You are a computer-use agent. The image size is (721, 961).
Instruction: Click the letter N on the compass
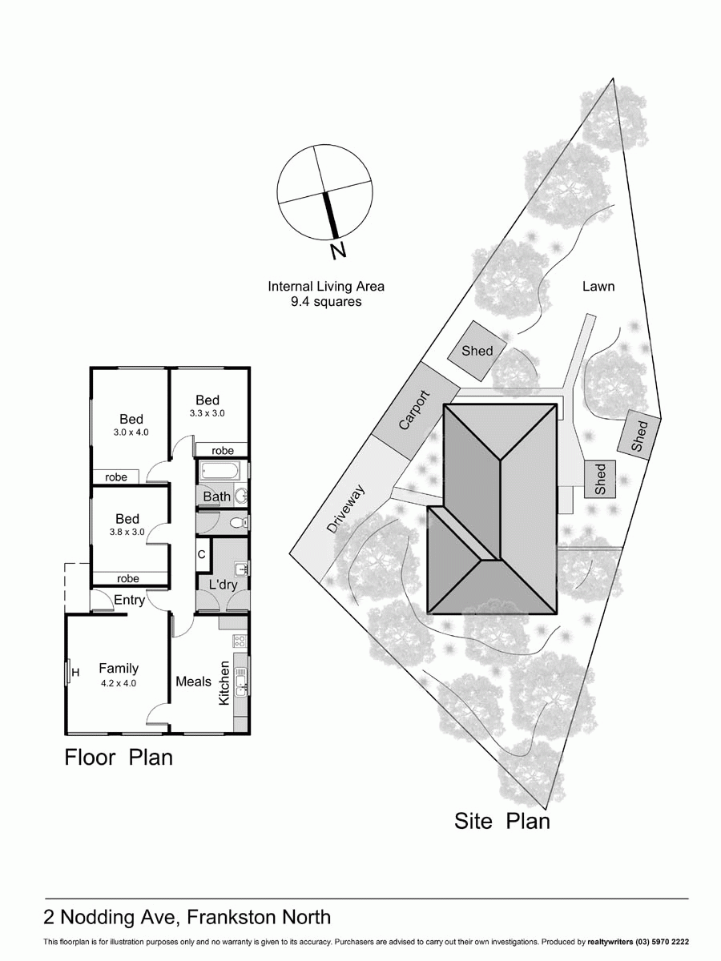338,251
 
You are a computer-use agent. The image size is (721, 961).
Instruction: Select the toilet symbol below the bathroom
238,523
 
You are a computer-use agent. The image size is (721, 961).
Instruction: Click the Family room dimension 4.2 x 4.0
119,683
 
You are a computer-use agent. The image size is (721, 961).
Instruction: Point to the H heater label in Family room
75,673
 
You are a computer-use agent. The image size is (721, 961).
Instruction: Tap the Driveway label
346,510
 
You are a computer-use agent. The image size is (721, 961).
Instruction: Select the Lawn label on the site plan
598,286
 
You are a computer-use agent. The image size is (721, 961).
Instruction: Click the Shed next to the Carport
477,351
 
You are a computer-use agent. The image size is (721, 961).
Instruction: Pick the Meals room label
193,682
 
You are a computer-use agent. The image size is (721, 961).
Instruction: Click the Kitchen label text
224,682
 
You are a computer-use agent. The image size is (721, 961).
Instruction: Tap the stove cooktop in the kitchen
239,641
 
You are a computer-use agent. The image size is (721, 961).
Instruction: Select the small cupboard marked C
202,554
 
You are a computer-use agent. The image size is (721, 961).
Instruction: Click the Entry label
129,601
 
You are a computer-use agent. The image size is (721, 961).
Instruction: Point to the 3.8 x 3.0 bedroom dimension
127,532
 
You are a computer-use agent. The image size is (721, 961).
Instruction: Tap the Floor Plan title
119,757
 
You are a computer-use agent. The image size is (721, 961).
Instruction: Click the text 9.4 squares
326,302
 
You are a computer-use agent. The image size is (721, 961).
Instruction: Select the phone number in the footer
662,942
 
